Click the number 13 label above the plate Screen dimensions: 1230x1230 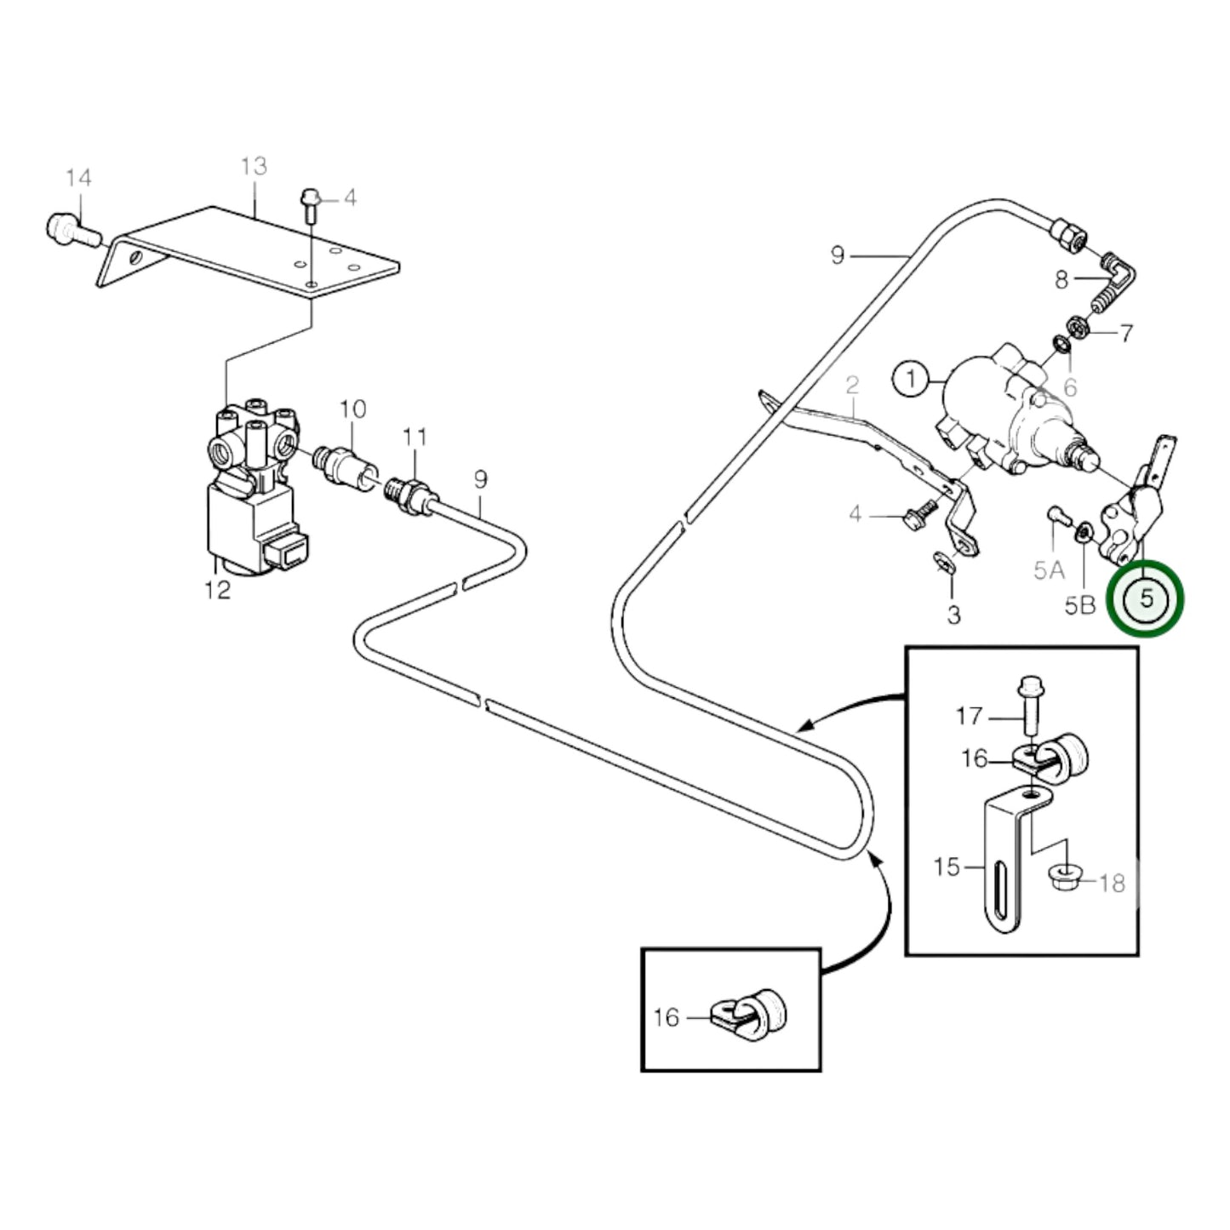(x=254, y=166)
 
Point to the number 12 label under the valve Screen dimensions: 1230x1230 (x=218, y=589)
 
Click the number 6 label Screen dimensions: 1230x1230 (x=1070, y=388)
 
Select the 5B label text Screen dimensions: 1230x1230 (x=1079, y=605)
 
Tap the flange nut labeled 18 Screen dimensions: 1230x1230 (x=1059, y=880)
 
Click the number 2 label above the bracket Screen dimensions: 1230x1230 (x=852, y=386)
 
